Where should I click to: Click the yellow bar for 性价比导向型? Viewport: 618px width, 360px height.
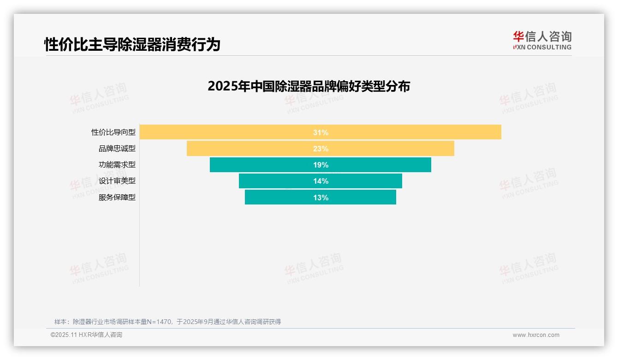[x=231, y=132]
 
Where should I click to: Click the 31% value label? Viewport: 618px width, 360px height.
[x=321, y=132]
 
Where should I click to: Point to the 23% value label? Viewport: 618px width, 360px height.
[x=321, y=149]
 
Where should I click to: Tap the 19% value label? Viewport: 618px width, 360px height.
[x=321, y=165]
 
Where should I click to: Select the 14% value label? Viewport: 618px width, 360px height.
[x=321, y=181]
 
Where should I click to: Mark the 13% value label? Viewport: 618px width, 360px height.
[x=321, y=198]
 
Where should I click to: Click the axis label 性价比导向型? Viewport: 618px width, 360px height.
[x=113, y=132]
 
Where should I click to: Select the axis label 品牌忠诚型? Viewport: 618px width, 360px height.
[x=117, y=149]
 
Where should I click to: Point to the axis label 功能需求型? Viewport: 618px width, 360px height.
[x=117, y=165]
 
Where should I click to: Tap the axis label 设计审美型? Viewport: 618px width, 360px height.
[x=117, y=181]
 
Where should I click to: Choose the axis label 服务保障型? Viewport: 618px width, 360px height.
[x=117, y=198]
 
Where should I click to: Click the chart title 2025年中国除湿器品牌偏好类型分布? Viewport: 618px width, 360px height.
[x=309, y=86]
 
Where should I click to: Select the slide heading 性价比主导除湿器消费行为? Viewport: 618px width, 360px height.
[x=132, y=44]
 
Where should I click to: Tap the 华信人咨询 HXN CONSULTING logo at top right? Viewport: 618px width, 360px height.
[x=542, y=40]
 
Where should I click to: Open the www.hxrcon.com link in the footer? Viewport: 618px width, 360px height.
[x=536, y=335]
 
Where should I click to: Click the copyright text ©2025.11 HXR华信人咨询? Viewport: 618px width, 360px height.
[x=86, y=335]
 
